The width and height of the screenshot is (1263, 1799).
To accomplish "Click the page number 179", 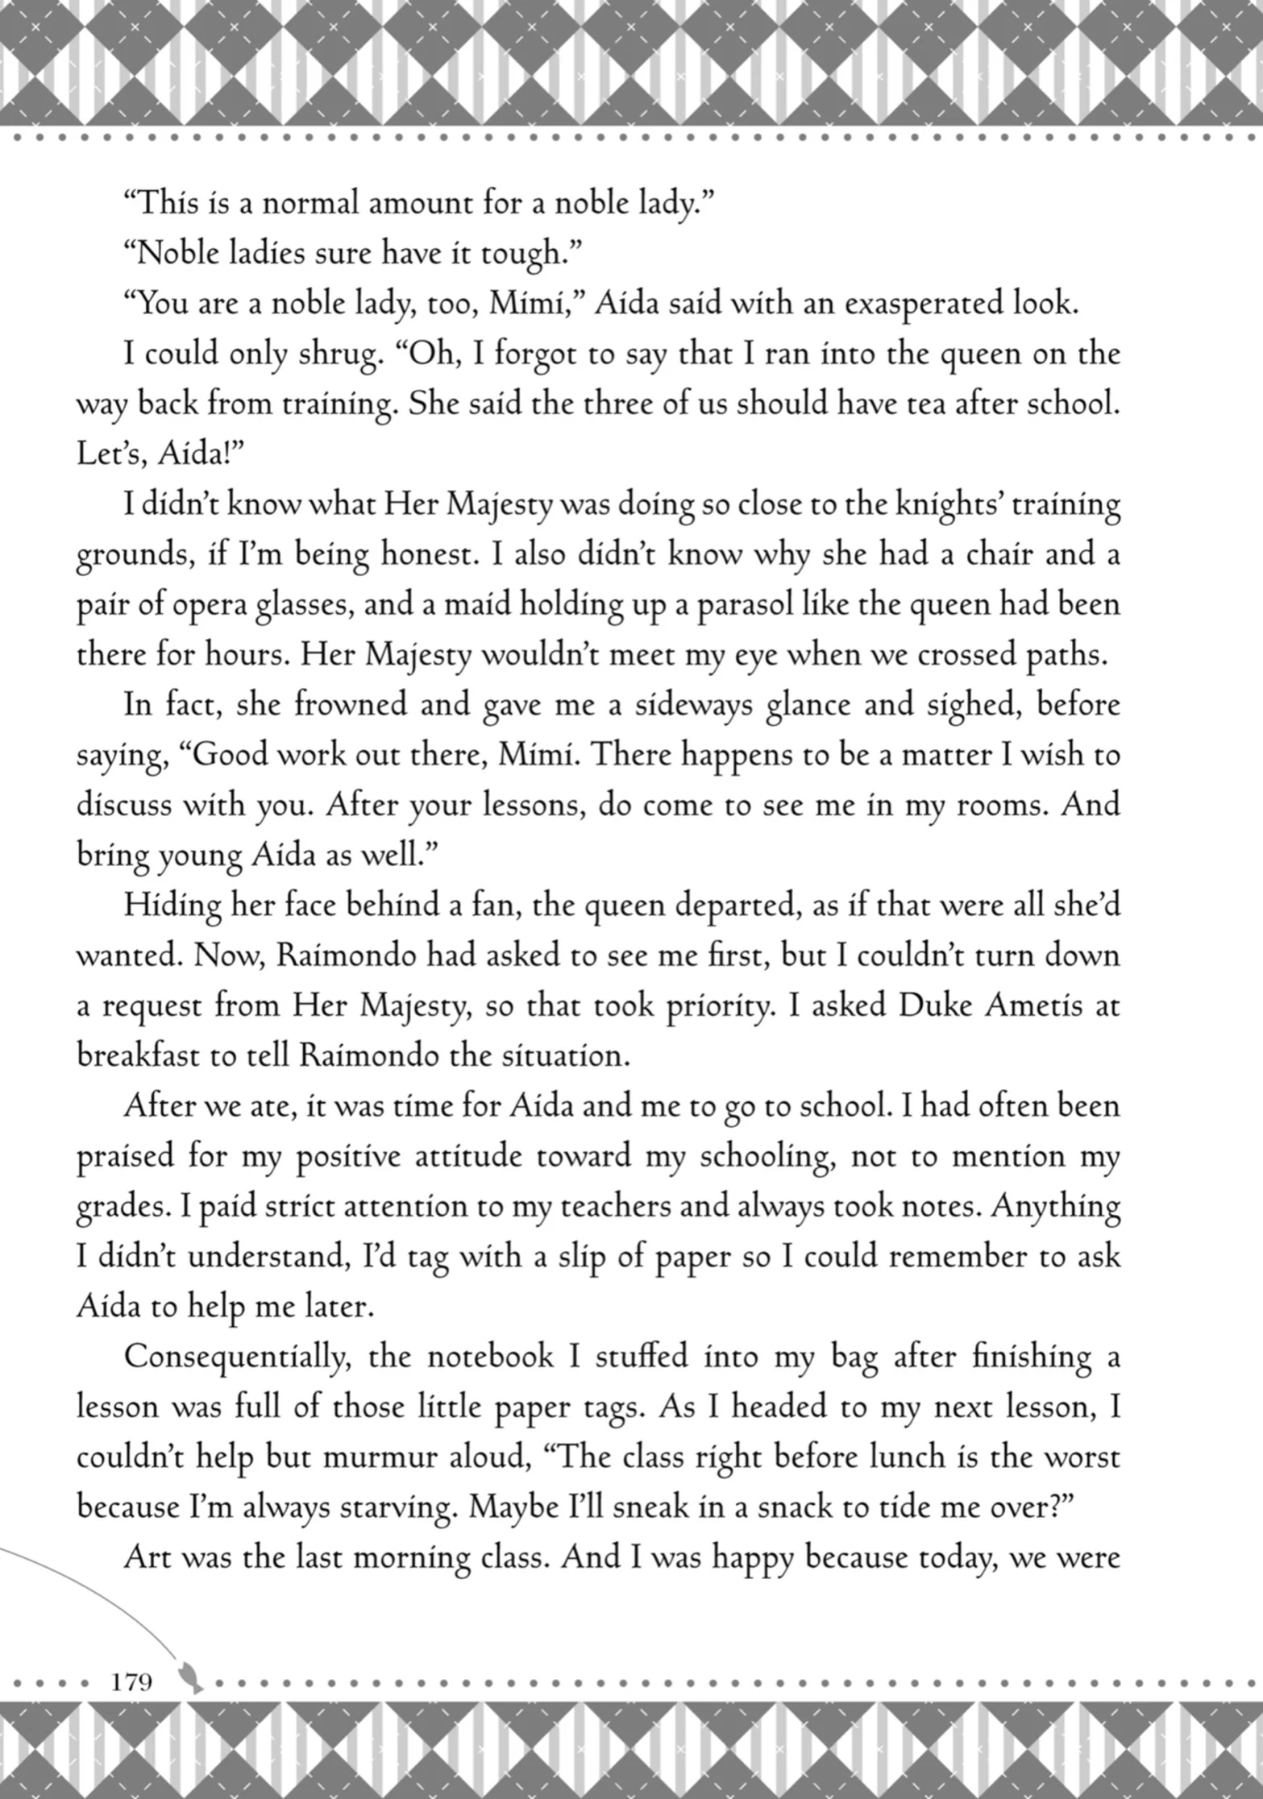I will [132, 1681].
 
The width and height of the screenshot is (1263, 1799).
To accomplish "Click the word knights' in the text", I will [947, 505].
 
